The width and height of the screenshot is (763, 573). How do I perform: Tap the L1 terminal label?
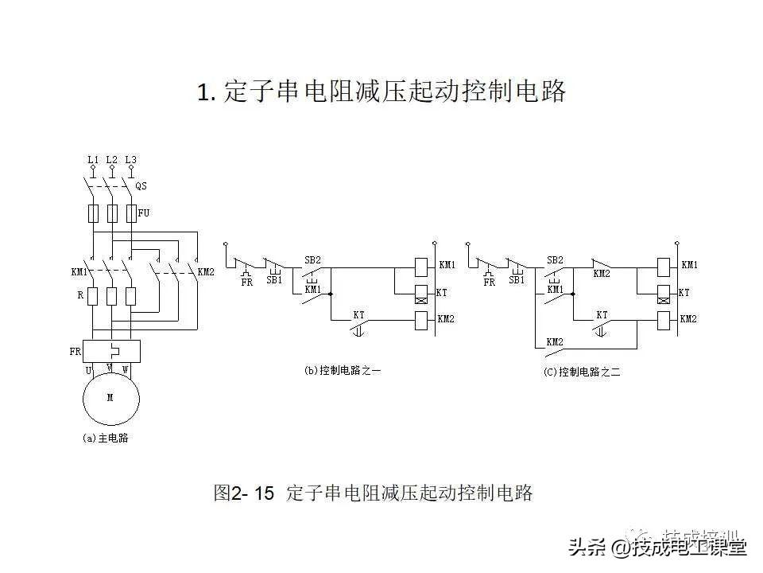click(93, 160)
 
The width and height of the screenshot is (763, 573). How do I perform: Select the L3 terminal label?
click(131, 160)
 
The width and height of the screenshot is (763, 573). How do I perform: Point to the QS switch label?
click(141, 186)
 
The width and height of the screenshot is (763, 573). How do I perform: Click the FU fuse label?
click(144, 213)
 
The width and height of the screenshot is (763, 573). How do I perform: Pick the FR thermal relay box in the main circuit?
click(111, 350)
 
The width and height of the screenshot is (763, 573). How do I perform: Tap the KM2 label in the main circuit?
click(206, 271)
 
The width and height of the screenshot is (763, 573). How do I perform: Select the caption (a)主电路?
click(105, 438)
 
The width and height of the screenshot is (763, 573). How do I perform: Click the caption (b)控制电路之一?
click(343, 370)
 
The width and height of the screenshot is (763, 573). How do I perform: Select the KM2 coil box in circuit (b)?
click(422, 320)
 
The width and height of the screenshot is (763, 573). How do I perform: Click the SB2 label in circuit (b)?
click(312, 260)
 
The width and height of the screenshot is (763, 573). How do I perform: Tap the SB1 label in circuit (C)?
click(517, 281)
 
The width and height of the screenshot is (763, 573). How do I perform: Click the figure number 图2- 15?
click(244, 493)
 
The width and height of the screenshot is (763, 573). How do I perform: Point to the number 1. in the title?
click(206, 92)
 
